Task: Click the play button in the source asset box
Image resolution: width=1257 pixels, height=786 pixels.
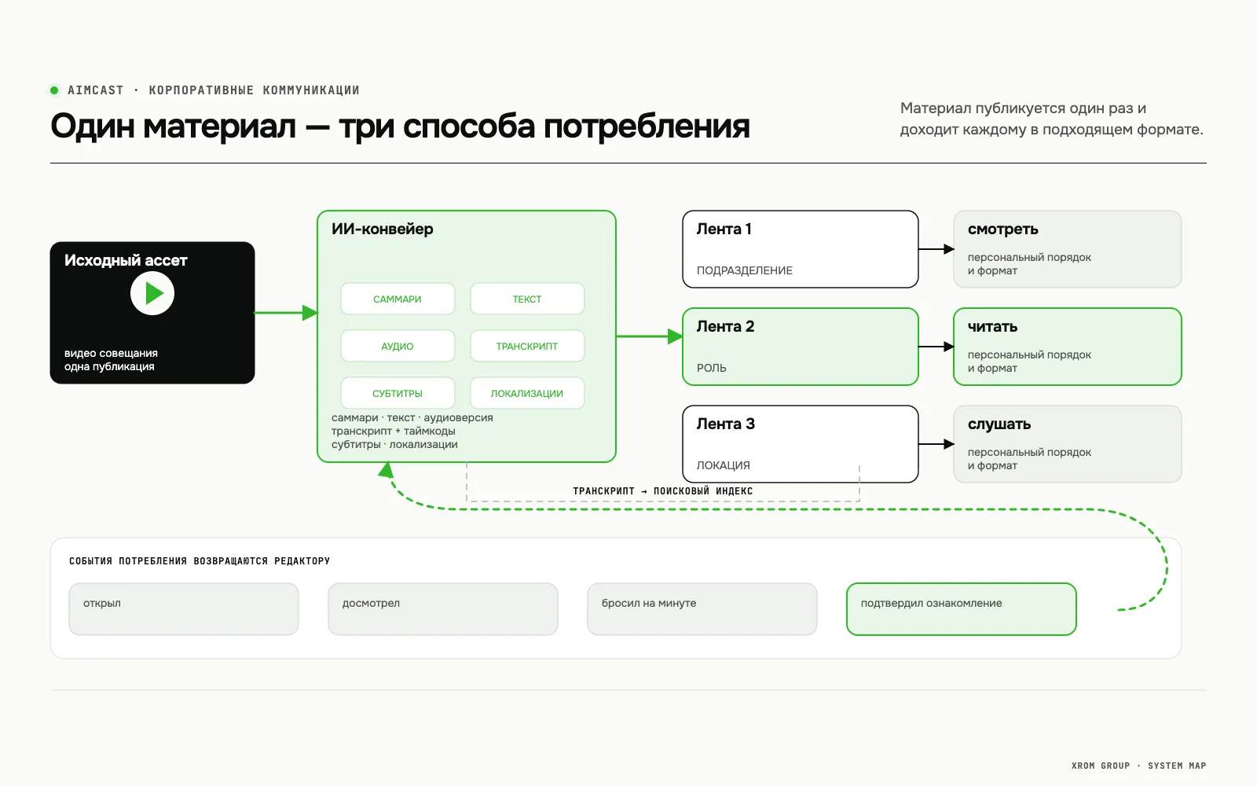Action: click(152, 293)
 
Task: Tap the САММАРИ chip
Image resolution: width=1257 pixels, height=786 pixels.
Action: click(398, 299)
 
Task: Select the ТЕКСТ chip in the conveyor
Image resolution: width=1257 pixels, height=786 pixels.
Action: click(527, 299)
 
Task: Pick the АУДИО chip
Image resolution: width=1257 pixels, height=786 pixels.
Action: click(398, 346)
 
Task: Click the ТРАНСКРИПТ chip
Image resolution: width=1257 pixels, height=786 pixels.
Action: click(527, 346)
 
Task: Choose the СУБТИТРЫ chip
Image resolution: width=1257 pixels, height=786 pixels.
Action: click(398, 393)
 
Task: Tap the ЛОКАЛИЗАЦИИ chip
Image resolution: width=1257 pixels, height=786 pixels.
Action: click(527, 393)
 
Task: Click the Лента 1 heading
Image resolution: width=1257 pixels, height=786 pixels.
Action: click(724, 229)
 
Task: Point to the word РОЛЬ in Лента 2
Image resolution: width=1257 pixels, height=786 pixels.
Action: click(712, 368)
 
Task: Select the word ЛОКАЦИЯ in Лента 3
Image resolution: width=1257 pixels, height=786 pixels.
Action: click(724, 465)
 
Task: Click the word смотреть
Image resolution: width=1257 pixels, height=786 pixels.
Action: click(1002, 229)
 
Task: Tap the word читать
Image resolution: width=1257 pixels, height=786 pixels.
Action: click(992, 326)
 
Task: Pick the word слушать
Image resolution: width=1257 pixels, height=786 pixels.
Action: click(999, 424)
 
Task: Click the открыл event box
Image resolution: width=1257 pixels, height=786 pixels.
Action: click(184, 609)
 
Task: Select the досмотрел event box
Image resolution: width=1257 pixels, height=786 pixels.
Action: click(443, 609)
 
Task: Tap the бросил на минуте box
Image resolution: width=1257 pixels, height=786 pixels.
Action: click(702, 609)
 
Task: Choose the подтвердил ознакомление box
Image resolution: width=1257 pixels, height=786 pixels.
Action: click(962, 609)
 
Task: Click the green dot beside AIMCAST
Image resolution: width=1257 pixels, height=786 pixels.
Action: click(54, 90)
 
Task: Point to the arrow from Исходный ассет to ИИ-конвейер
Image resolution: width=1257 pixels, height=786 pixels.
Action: click(286, 313)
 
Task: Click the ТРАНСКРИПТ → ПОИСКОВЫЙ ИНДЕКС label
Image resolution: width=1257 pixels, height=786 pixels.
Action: click(663, 490)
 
